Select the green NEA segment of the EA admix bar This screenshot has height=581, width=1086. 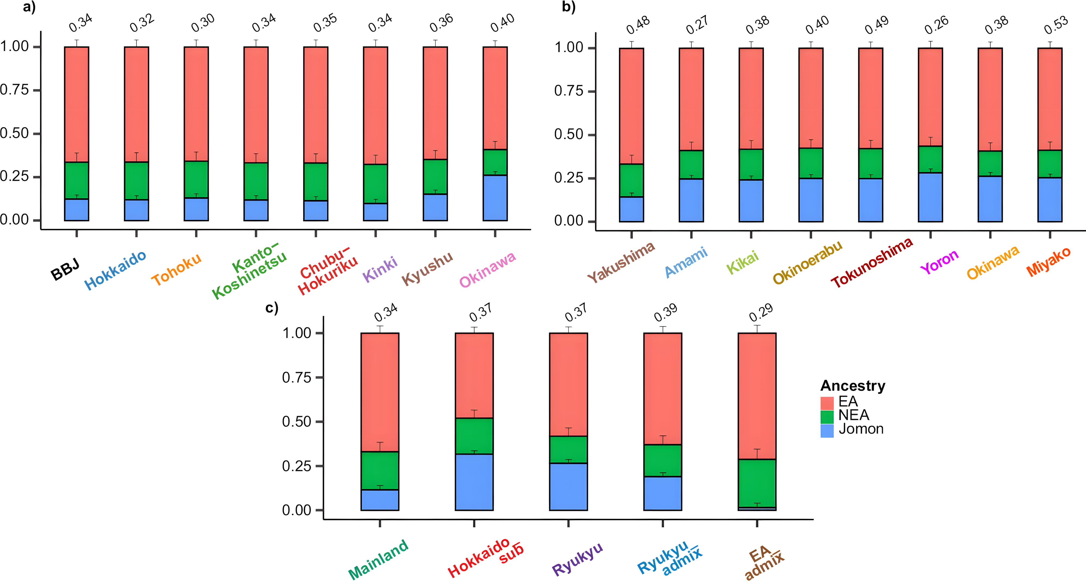[757, 483]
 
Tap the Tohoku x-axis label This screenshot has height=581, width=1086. [177, 270]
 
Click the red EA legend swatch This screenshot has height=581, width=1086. [827, 403]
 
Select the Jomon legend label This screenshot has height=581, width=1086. [861, 429]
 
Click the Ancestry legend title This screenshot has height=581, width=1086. [852, 385]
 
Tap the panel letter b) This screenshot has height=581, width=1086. [569, 7]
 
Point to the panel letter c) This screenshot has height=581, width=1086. [272, 308]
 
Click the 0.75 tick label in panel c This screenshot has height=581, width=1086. [296, 377]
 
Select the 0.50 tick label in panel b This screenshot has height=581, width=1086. [569, 135]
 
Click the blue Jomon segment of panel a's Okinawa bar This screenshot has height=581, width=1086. [495, 197]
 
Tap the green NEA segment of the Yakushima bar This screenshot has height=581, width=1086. [631, 180]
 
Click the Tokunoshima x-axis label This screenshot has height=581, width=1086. [872, 263]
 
